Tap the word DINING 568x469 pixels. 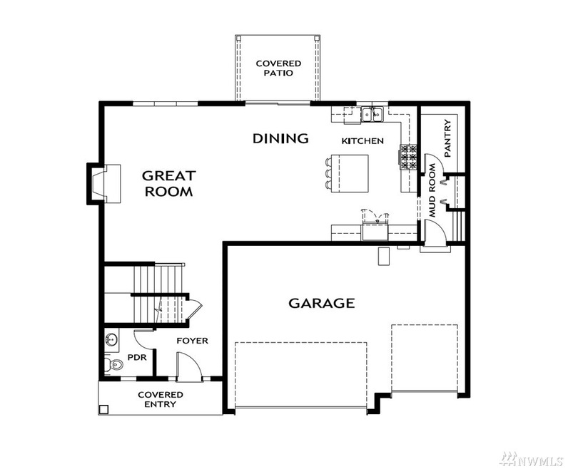pos(280,138)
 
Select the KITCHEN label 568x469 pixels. pos(362,141)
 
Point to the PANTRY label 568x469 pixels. pos(449,138)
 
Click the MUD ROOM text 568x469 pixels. pos(432,191)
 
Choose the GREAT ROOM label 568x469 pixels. pos(168,183)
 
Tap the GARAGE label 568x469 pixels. pos(321,303)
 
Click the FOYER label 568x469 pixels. pos(193,341)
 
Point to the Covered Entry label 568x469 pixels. pos(161,399)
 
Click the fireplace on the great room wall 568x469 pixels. pos(101,183)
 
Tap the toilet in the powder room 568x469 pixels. pos(113,365)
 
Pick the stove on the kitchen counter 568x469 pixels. pos(409,158)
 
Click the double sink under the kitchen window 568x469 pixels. pos(372,114)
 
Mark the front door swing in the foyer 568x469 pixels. pos(187,365)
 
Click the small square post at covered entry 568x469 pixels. pos(104,409)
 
